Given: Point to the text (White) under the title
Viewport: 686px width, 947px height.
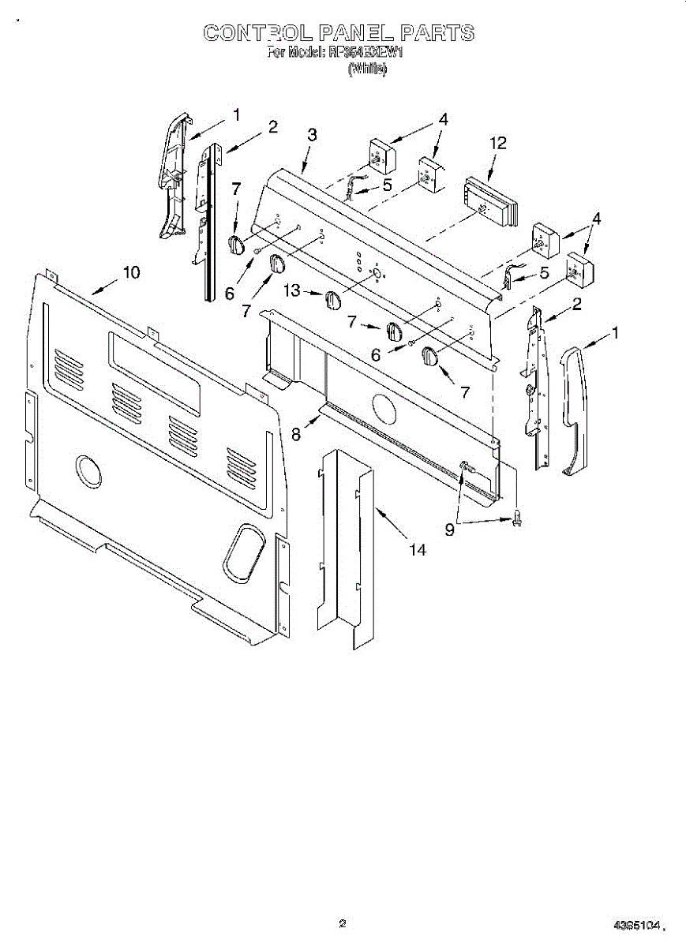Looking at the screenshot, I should pos(367,69).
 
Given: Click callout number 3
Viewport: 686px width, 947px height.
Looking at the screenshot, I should pos(313,135).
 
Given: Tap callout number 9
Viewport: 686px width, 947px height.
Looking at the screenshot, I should pos(449,530).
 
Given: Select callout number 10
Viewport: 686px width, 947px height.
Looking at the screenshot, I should pos(131,272).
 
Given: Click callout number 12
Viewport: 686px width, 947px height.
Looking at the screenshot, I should pos(497,143).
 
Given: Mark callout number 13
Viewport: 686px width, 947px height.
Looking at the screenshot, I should pos(292,291).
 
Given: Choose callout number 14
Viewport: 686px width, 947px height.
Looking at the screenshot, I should pos(417,550).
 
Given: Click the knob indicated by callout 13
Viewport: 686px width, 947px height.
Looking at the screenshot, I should pos(332,301).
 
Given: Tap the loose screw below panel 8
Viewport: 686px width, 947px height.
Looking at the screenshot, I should pos(517,518).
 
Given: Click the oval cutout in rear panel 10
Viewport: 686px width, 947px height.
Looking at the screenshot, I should pos(242,550).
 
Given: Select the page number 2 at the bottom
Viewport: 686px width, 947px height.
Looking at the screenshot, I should pos(342,923).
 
